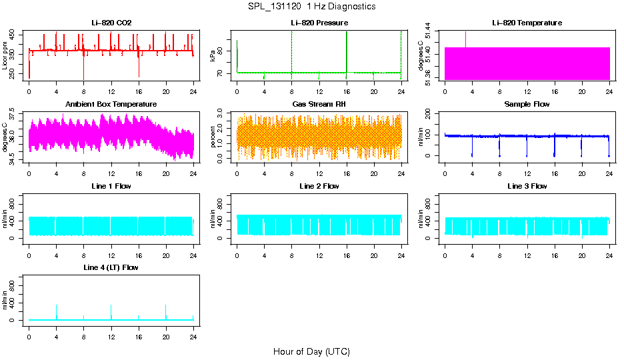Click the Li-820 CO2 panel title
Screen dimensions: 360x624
tap(111, 23)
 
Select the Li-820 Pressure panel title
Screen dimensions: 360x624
tap(319, 23)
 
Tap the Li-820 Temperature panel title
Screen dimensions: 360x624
tap(527, 23)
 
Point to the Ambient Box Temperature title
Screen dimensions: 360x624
tap(111, 105)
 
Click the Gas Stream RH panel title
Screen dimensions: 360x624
tap(319, 105)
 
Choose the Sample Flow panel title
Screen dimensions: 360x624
tap(527, 105)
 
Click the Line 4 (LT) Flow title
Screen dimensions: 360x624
tap(111, 267)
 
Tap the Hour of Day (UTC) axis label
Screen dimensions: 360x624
tap(311, 351)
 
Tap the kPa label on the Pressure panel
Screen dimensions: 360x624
tap(213, 57)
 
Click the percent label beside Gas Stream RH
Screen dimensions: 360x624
tap(213, 138)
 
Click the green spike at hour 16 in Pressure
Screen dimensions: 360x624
tap(347, 50)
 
